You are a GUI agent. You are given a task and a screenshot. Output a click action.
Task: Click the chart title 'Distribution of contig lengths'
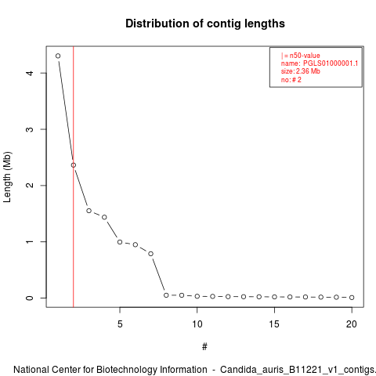tap(205, 23)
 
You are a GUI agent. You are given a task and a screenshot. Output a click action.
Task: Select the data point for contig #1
tap(58, 56)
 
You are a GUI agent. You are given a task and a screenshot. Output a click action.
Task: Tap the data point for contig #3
tap(89, 211)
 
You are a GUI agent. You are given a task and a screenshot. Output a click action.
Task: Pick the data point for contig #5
tap(120, 242)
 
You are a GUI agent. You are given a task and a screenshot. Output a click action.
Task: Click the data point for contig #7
tap(150, 254)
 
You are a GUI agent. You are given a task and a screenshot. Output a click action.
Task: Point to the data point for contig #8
tap(166, 295)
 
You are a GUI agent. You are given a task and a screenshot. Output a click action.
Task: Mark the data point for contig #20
tap(352, 298)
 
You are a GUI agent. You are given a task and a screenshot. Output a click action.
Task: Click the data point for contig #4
tap(104, 217)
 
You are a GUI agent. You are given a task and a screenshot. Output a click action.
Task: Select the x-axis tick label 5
tap(120, 324)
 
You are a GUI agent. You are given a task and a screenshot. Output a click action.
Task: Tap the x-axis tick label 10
tap(197, 324)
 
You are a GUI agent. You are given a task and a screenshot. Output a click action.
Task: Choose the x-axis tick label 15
tap(274, 324)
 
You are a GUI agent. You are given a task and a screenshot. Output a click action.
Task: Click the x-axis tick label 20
tap(352, 324)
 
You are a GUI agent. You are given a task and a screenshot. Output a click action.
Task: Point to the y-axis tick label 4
tap(30, 73)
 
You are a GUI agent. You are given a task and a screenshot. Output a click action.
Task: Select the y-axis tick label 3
tap(30, 129)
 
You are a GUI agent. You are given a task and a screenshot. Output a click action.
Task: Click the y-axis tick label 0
tap(30, 298)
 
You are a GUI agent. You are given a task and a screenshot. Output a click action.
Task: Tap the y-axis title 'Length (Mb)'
tap(7, 177)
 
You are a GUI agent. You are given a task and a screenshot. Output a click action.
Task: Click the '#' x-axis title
tap(204, 347)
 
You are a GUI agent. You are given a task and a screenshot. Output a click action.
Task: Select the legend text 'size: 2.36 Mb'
tap(301, 71)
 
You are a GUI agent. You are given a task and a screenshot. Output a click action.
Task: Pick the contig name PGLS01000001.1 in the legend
tap(331, 63)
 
